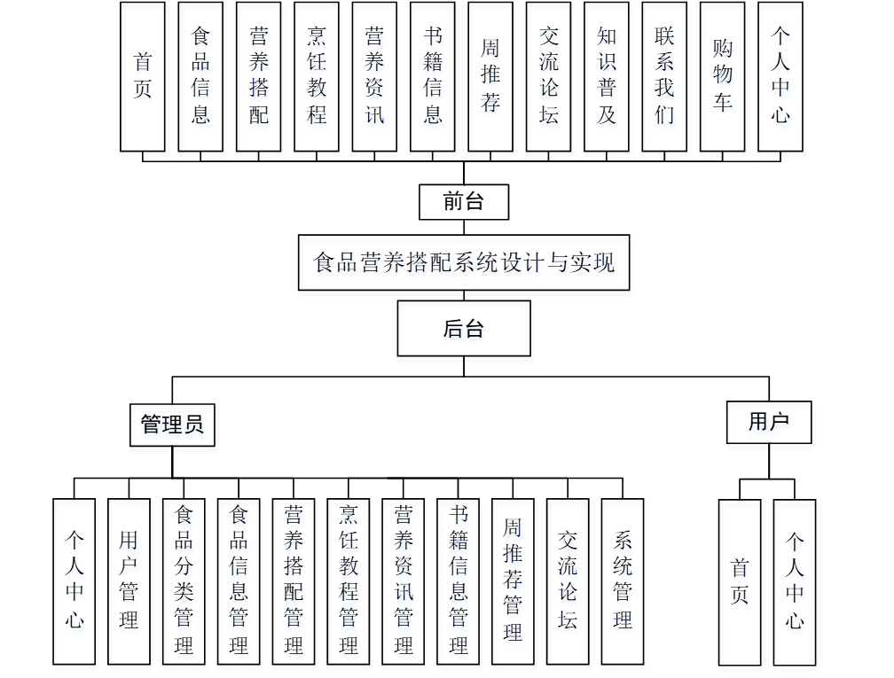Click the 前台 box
coord(464,202)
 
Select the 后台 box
coord(464,329)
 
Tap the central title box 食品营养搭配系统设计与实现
coord(464,262)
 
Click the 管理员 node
coord(172,425)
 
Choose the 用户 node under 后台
coord(769,421)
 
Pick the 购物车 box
coord(723,76)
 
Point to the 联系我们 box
coord(664,76)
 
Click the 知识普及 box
coord(607,76)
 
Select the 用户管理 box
coord(129,581)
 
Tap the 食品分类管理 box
coord(184,581)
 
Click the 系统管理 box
coord(623,581)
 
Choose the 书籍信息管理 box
coord(459,581)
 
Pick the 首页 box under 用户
coord(740,581)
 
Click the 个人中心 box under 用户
coord(795,581)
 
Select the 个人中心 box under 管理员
coord(74,581)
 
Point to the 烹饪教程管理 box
coord(349,581)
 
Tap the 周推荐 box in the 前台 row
coord(490,76)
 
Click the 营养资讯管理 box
coord(404,581)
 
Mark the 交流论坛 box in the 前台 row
coord(549,76)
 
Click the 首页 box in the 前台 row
coord(143,76)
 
